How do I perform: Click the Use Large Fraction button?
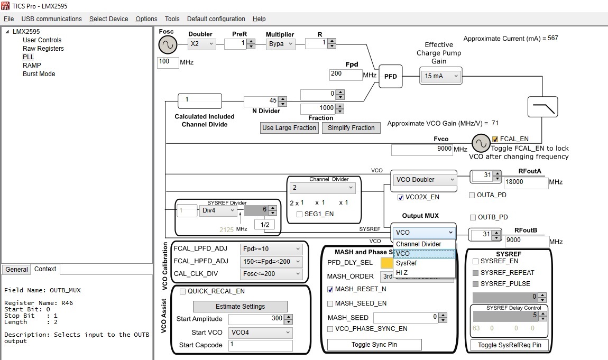(290, 128)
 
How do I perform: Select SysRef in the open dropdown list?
(406, 263)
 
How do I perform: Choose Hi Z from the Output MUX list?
(402, 272)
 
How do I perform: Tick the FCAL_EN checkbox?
(495, 139)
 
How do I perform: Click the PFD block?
(390, 77)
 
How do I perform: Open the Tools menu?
(172, 19)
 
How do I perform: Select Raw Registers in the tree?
(43, 49)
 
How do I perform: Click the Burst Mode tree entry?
(39, 74)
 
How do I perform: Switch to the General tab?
(16, 270)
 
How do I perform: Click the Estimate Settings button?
(240, 307)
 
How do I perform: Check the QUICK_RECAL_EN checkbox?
(183, 291)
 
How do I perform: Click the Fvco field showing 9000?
(421, 150)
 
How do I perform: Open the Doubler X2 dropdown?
(202, 44)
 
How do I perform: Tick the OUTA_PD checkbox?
(472, 196)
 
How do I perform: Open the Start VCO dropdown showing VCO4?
(260, 333)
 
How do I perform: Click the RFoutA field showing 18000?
(526, 182)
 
